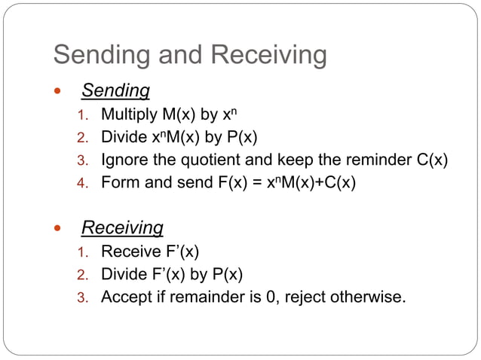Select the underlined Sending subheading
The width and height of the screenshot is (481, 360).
tap(115, 91)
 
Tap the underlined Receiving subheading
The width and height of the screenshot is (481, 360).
tap(122, 227)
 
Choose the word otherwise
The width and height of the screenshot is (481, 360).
tap(369, 297)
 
